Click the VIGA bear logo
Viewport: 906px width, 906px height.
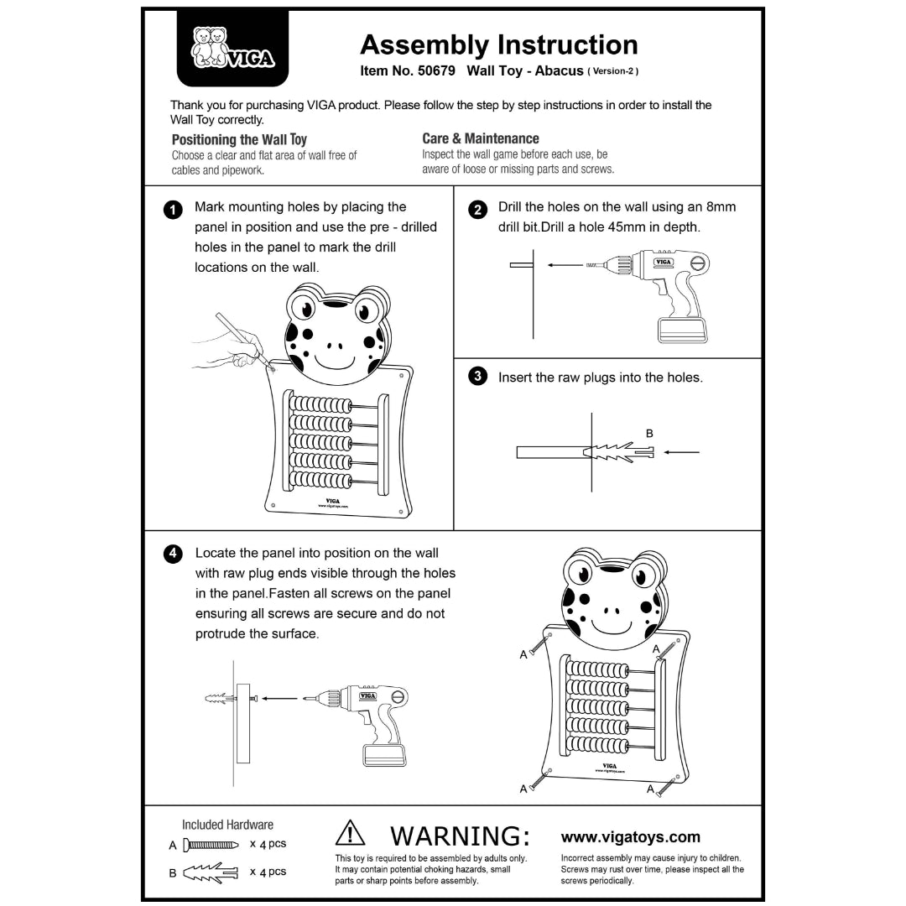[x=232, y=48]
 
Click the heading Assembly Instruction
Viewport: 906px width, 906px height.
[x=498, y=44]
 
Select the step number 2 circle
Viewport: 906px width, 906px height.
[x=477, y=210]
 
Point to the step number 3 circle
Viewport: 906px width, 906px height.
[x=477, y=377]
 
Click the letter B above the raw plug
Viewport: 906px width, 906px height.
[x=648, y=434]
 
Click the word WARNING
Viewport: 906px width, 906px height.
[x=460, y=836]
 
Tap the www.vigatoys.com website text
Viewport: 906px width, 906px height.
[x=630, y=837]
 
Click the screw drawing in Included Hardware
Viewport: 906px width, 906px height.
[x=211, y=845]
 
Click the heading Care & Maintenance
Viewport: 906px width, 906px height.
[x=480, y=138]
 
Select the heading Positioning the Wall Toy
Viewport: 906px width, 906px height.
[x=239, y=139]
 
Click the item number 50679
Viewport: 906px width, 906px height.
[x=436, y=71]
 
